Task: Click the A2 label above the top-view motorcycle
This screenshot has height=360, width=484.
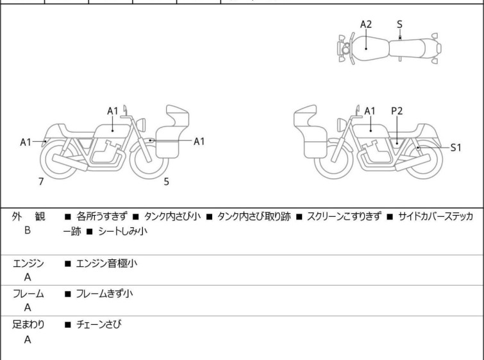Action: coord(365,24)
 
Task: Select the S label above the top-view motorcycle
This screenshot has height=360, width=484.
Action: coord(399,24)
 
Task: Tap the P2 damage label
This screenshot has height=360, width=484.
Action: coord(397,111)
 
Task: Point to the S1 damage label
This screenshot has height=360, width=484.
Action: coord(456,148)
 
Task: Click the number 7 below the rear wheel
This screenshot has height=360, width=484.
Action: coord(41,182)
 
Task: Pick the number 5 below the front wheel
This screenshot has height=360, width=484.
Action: coord(166,182)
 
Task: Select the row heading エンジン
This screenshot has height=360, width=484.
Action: coord(28,263)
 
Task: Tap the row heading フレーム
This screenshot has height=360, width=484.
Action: coord(28,294)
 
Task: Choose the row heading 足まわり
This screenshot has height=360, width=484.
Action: coord(28,325)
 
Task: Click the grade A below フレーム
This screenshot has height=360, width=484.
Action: coord(28,308)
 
